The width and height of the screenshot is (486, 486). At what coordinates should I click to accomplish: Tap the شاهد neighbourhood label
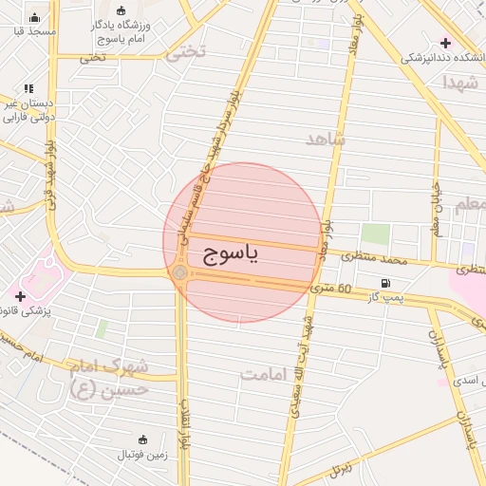pyautogui.click(x=326, y=139)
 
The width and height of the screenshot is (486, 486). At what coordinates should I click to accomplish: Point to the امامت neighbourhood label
pyautogui.click(x=263, y=373)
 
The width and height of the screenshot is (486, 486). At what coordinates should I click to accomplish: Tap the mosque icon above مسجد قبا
pyautogui.click(x=35, y=17)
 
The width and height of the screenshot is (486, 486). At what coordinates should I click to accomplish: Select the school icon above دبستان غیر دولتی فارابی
pyautogui.click(x=28, y=88)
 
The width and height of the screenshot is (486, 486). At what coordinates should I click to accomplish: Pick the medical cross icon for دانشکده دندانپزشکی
pyautogui.click(x=445, y=43)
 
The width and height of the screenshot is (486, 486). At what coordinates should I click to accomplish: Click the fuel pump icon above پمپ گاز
pyautogui.click(x=385, y=283)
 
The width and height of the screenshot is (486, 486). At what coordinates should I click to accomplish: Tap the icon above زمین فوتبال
pyautogui.click(x=142, y=439)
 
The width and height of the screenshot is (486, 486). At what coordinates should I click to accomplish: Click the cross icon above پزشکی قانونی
pyautogui.click(x=20, y=296)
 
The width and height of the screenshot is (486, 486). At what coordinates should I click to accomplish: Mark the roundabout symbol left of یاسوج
pyautogui.click(x=180, y=272)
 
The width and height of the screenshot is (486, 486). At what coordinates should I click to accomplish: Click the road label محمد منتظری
pyautogui.click(x=374, y=257)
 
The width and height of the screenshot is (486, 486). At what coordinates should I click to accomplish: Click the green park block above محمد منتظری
pyautogui.click(x=375, y=234)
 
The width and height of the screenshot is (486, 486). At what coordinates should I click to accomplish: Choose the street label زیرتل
pyautogui.click(x=340, y=469)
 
